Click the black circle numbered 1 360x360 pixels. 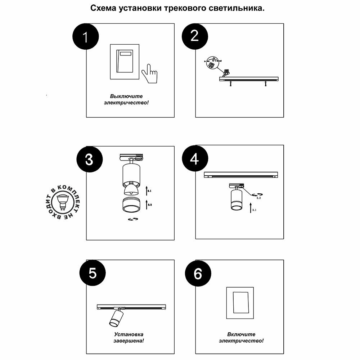coord(86,37)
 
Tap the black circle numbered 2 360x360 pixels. coord(194,36)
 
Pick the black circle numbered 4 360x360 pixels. coord(194,159)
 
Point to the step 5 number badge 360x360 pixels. coord(93,273)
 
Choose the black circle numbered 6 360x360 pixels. coord(198,274)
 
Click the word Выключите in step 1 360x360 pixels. coord(126,96)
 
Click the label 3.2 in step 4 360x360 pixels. coord(258,198)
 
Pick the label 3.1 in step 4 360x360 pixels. coord(254,210)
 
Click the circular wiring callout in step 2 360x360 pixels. coord(211,62)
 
